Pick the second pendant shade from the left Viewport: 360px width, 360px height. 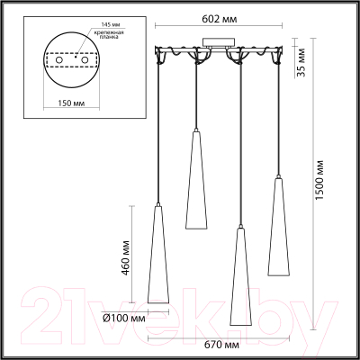click(197, 180)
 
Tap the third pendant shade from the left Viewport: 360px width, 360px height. click(238, 279)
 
